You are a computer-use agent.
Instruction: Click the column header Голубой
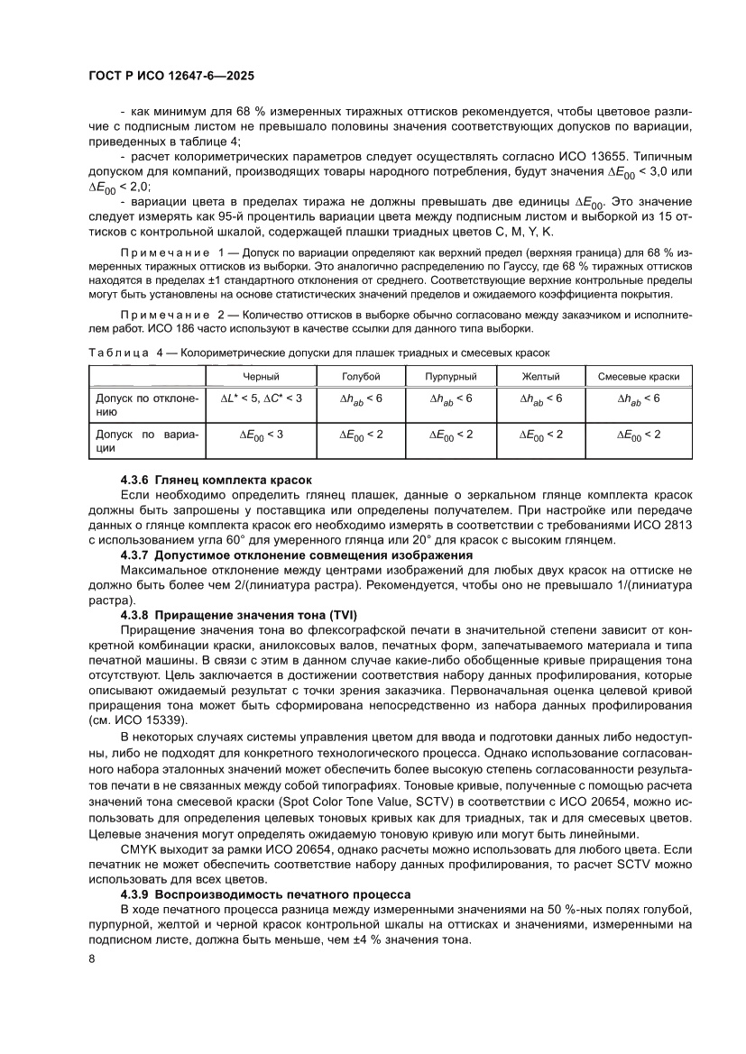point(361,376)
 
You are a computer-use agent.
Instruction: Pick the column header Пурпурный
point(450,376)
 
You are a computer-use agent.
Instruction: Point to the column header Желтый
point(541,376)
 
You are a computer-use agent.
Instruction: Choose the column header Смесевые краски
point(639,376)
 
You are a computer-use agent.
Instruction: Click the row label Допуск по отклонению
point(143,404)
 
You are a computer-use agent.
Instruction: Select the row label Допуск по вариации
point(143,442)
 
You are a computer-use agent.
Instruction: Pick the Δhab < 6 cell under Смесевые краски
point(639,398)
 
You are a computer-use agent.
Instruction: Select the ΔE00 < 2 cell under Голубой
point(361,435)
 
